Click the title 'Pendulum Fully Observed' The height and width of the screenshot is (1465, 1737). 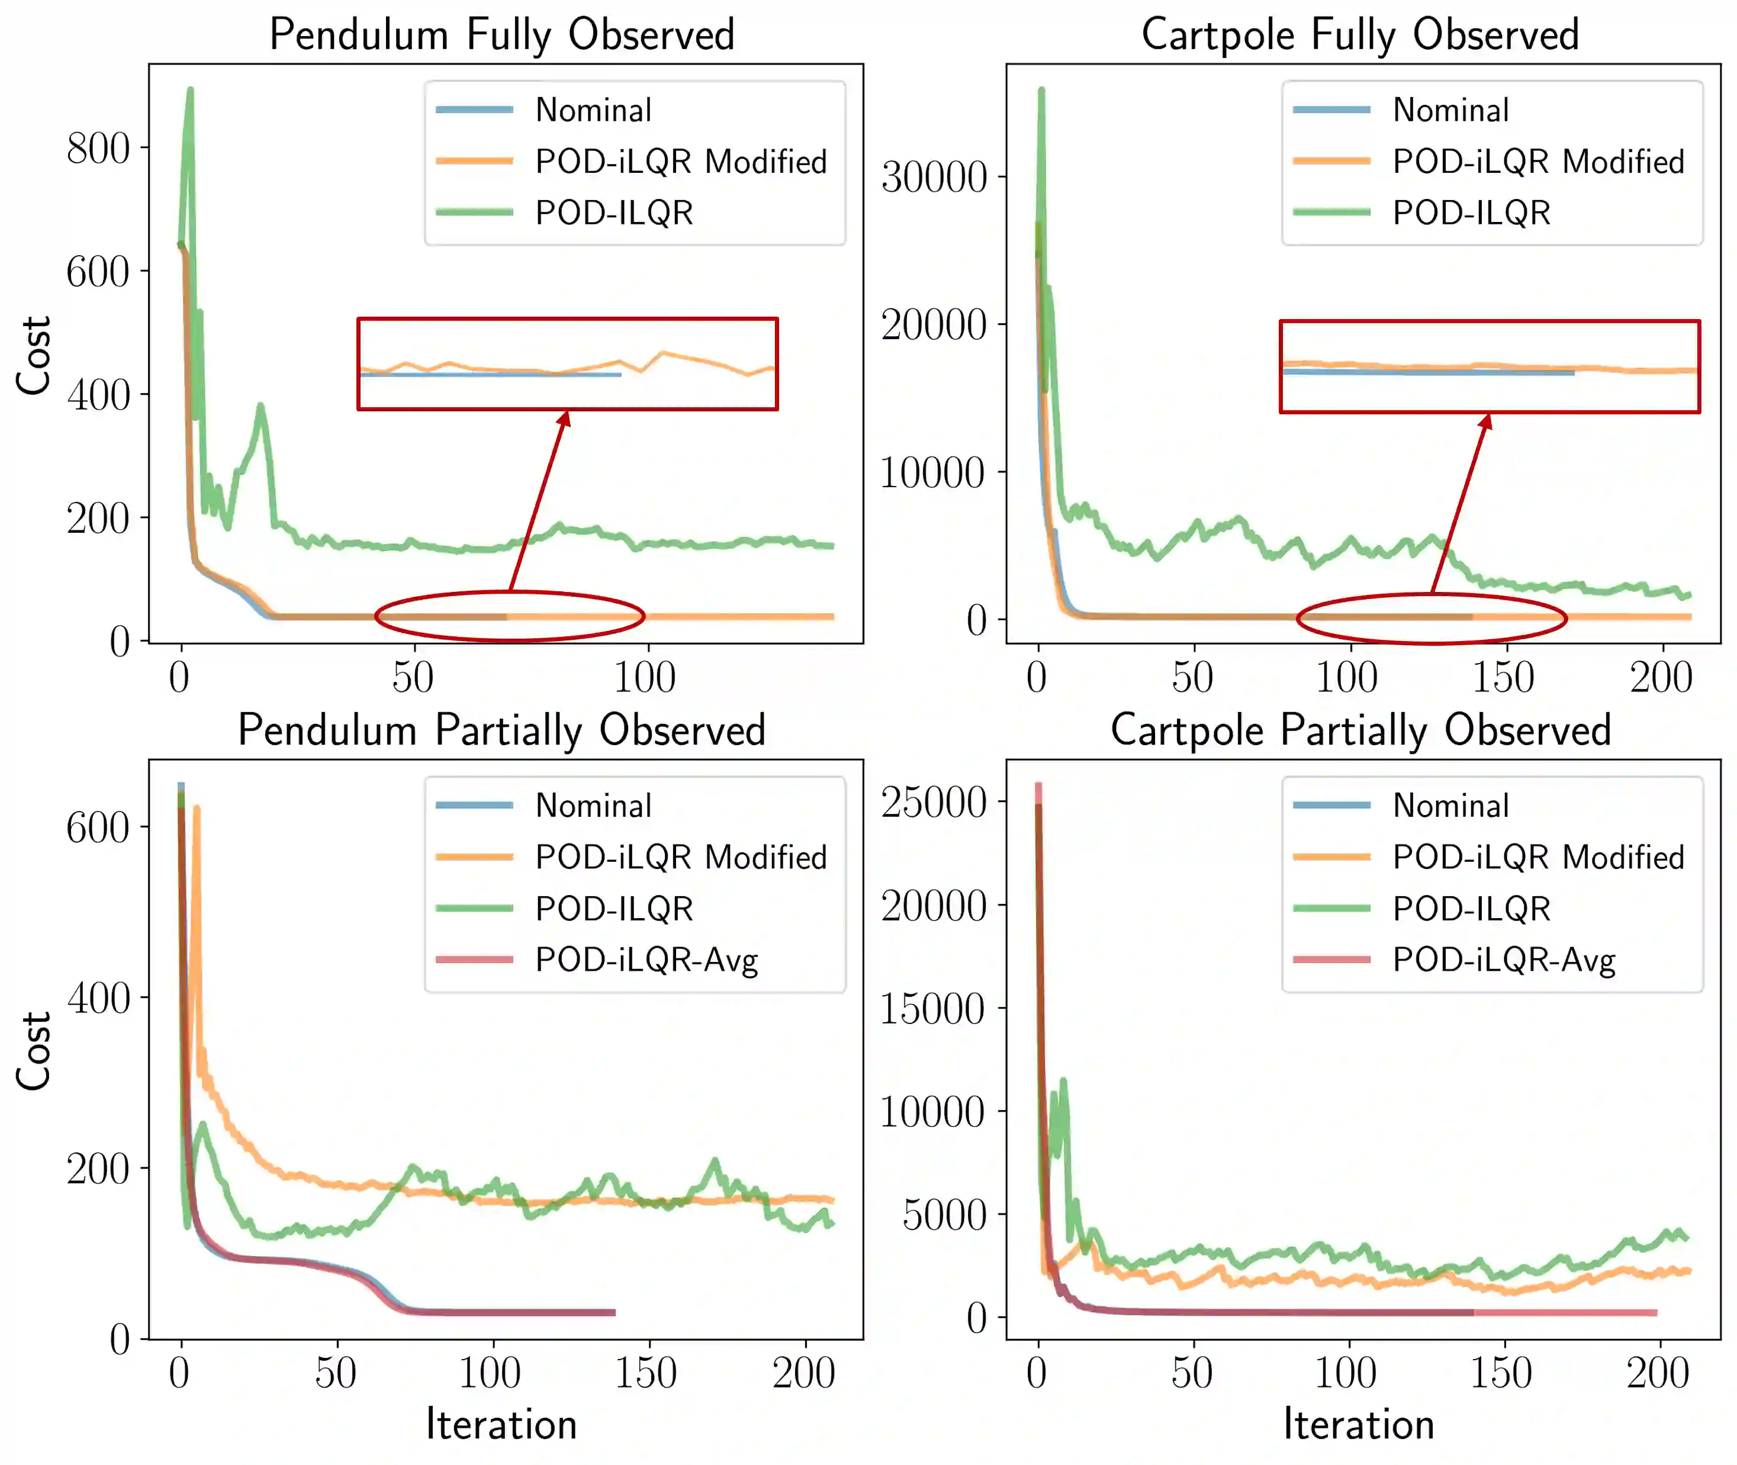(x=502, y=35)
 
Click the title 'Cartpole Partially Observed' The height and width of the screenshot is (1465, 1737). (x=1360, y=731)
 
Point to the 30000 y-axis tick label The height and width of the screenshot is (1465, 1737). (x=934, y=177)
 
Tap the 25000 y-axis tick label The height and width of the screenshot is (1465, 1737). (x=934, y=802)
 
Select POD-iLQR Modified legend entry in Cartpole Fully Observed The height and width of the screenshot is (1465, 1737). (x=1537, y=161)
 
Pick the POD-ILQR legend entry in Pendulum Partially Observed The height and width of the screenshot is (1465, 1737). (x=614, y=909)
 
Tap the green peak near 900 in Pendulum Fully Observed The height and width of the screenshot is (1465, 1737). (x=190, y=90)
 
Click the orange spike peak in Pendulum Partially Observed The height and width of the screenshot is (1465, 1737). (x=197, y=808)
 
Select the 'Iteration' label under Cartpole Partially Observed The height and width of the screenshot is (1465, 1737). (x=1359, y=1425)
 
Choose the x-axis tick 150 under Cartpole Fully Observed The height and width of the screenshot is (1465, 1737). (x=1504, y=678)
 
